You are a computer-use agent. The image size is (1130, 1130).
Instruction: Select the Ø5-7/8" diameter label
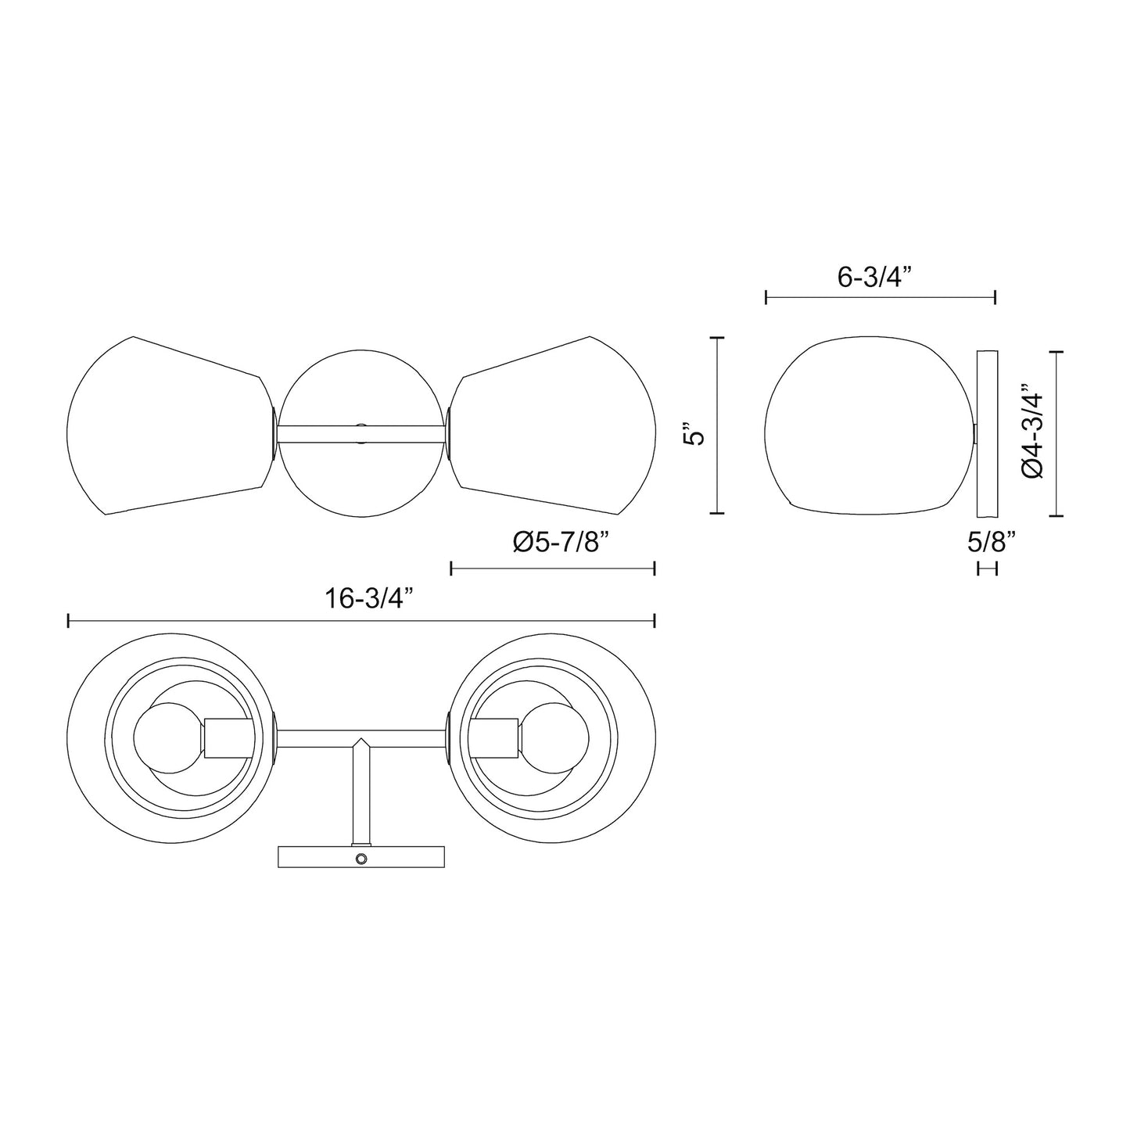click(x=561, y=543)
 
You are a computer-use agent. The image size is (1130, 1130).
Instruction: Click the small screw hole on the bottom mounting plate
click(x=361, y=859)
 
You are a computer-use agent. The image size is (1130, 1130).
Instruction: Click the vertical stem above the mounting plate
click(x=361, y=798)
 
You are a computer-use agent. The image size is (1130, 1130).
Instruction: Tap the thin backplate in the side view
click(x=988, y=434)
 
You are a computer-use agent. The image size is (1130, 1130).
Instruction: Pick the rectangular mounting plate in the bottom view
click(x=313, y=858)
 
